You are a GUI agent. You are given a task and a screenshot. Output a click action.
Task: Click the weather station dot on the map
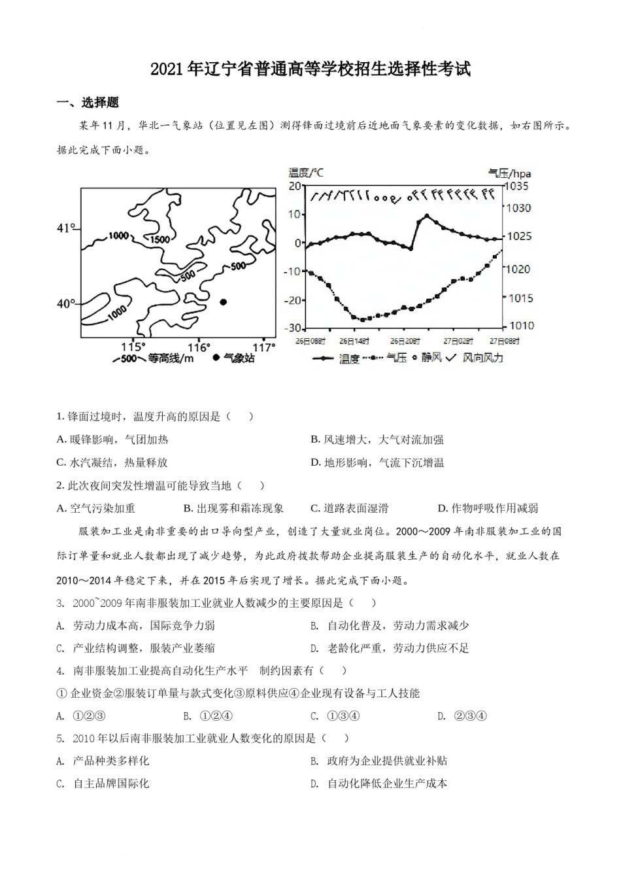(224, 302)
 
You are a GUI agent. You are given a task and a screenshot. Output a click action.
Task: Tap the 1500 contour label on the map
(161, 239)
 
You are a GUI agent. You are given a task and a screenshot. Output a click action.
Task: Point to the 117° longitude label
(263, 347)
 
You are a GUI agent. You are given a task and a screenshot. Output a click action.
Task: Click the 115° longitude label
(134, 347)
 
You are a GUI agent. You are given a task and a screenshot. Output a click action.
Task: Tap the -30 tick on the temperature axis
(294, 328)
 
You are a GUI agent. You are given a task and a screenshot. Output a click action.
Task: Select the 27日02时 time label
(455, 341)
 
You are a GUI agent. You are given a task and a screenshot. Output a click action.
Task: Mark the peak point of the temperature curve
(427, 215)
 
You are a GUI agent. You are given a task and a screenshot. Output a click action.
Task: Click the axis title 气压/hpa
(510, 173)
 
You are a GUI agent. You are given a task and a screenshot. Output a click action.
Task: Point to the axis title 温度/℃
(306, 173)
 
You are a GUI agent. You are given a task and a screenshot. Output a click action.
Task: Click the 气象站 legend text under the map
(239, 358)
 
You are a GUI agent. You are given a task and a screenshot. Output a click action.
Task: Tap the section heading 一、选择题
(88, 103)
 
